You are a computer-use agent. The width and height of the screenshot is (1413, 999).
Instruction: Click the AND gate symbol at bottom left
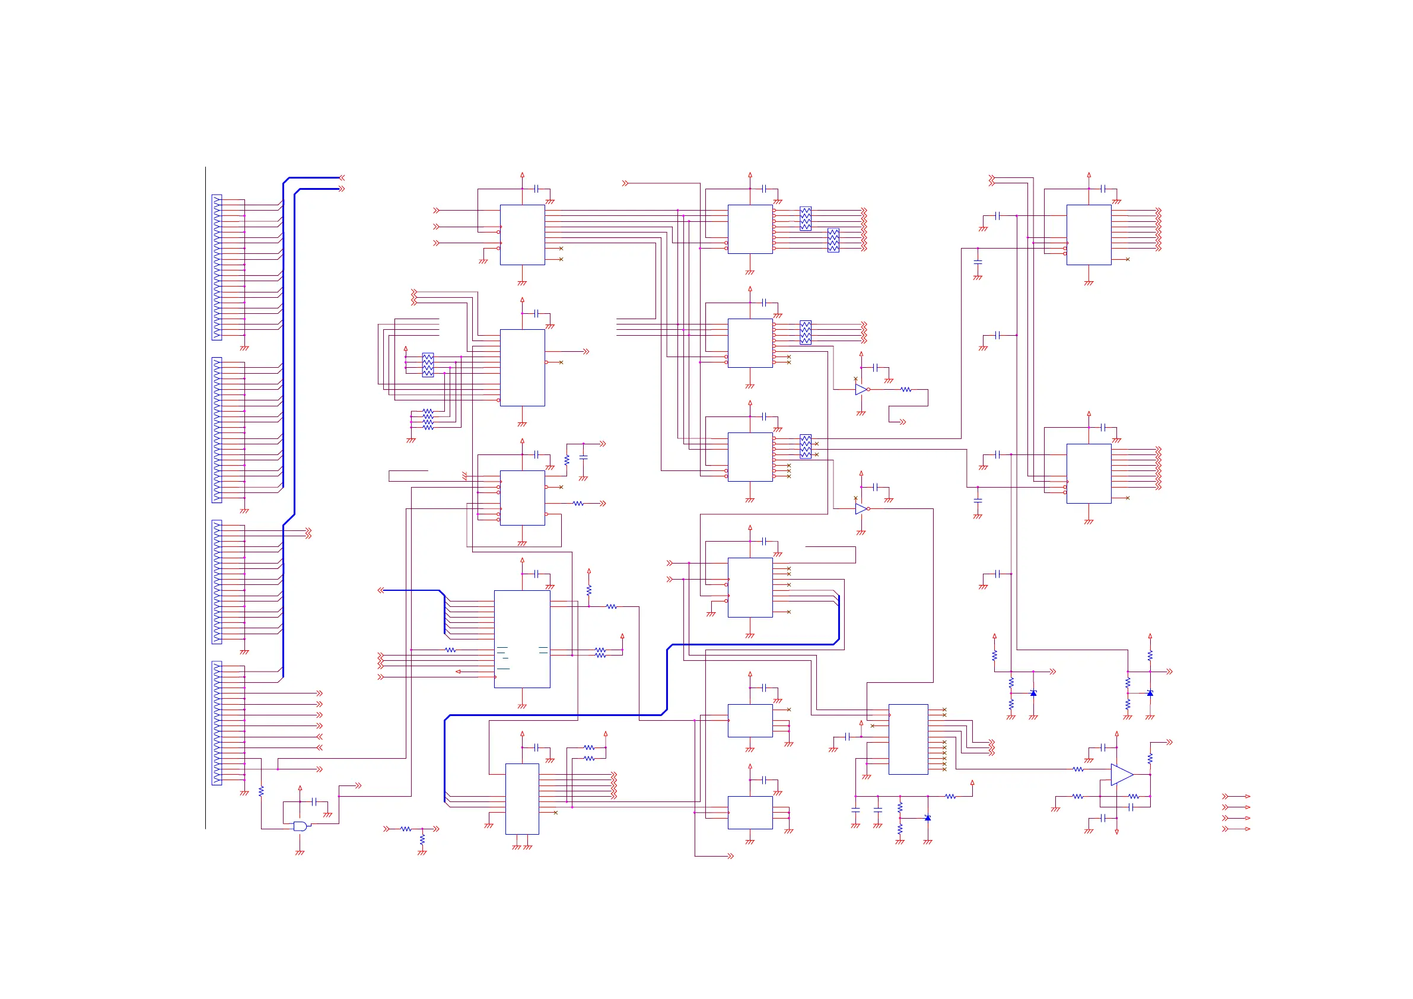tap(300, 826)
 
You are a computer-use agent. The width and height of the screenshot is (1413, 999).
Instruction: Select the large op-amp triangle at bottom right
tap(1121, 774)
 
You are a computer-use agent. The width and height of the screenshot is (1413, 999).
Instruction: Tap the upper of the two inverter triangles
tap(860, 389)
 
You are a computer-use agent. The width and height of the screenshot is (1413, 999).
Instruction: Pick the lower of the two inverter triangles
tap(860, 508)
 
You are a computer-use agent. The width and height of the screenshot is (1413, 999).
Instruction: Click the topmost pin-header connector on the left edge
tap(217, 267)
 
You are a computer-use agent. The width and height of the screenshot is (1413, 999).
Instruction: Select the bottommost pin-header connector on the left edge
tap(217, 723)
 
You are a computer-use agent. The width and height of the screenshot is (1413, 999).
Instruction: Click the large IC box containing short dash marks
tap(522, 639)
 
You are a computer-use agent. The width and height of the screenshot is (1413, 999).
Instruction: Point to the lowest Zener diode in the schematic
tap(927, 818)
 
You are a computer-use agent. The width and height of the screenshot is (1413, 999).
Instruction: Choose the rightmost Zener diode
tap(1150, 693)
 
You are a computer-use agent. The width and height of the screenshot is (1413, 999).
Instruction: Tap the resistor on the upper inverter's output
tap(906, 390)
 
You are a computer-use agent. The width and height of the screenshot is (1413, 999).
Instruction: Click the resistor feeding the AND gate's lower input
tap(261, 791)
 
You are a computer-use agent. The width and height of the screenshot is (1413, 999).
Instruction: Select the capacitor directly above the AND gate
tap(314, 801)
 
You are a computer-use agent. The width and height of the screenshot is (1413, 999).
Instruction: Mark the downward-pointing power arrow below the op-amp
tap(1116, 832)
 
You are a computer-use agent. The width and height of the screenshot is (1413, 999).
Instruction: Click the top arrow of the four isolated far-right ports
tap(1236, 797)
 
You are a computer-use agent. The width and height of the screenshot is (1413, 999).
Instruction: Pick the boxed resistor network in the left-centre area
tap(428, 364)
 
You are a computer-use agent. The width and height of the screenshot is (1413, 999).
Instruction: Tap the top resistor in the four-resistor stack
tap(428, 411)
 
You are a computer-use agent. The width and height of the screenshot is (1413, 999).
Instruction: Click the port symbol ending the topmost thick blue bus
tap(342, 177)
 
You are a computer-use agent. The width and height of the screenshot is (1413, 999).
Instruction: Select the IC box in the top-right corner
tap(1088, 234)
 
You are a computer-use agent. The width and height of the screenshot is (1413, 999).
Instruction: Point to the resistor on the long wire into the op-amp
tap(1078, 769)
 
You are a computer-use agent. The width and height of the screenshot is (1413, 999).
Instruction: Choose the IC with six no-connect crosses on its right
tap(908, 739)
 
